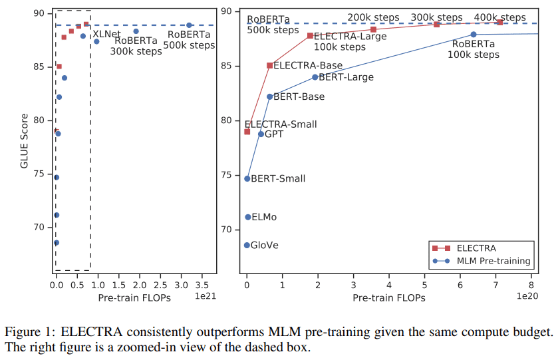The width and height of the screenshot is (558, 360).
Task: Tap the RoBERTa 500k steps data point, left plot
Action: pos(189,25)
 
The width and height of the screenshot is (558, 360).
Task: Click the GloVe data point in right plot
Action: pos(247,246)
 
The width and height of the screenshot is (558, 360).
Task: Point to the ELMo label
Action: pos(264,217)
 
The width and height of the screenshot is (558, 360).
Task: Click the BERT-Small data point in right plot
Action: pos(247,178)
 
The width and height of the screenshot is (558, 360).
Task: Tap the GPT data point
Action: pos(261,134)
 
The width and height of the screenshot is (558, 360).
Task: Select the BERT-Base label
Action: pos(299,96)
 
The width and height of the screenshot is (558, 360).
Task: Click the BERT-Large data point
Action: pos(315,77)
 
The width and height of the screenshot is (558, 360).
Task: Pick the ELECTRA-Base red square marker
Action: pos(269,65)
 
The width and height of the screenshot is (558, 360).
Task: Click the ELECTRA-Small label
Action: pos(281,124)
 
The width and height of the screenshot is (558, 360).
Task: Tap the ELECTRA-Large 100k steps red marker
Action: pos(310,35)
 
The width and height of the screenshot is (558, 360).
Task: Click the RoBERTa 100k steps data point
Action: pos(474,34)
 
